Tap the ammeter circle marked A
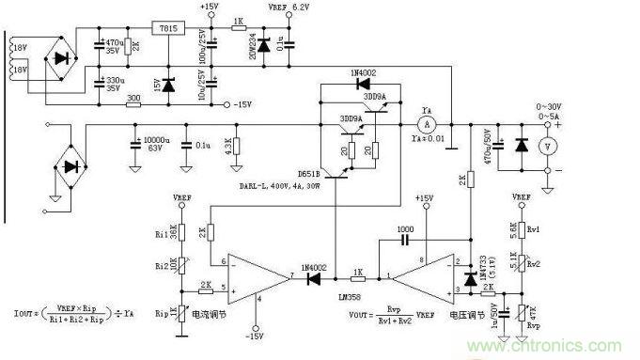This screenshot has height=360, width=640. (425, 123)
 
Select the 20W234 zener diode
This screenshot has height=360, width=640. (263, 44)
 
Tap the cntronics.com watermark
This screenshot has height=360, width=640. (578, 344)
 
